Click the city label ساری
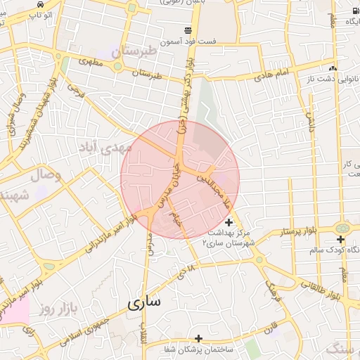tap(144, 302)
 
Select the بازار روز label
tap(57, 308)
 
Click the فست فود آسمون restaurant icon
tap(188, 30)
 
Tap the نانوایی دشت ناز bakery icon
tap(332, 69)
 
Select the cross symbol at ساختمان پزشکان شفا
tap(199, 338)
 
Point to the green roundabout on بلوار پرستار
tap(342, 228)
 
